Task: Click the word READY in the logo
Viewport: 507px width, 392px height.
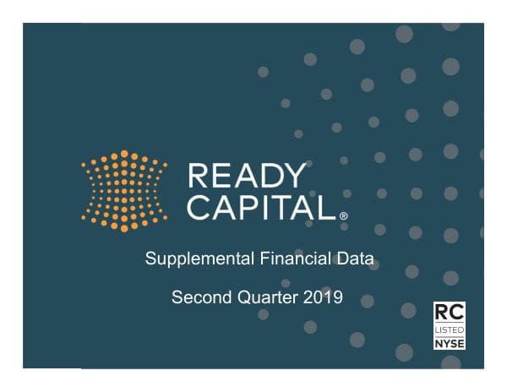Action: [x=247, y=177]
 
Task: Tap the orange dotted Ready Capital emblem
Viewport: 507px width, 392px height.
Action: [x=124, y=191]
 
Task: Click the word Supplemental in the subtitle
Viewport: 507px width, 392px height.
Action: [x=190, y=259]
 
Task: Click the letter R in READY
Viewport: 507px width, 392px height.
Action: [x=198, y=177]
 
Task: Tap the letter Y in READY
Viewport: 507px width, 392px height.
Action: [x=294, y=177]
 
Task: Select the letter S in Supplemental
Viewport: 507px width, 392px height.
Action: [x=150, y=259]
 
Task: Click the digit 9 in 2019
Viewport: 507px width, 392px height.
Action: [x=337, y=297]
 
